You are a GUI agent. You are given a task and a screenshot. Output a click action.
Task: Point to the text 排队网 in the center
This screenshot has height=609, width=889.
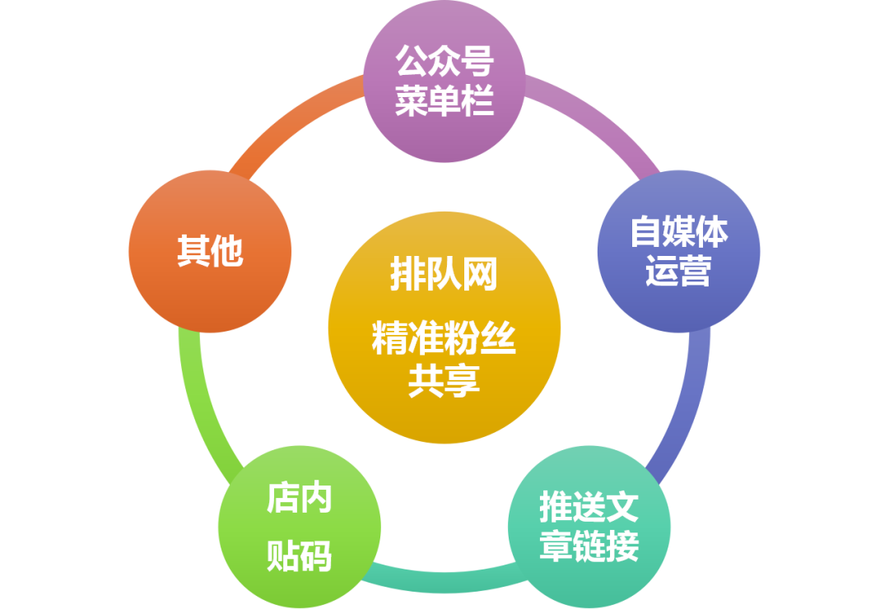pos(444,274)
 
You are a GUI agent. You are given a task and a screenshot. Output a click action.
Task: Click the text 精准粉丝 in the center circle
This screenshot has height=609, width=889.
pos(444,339)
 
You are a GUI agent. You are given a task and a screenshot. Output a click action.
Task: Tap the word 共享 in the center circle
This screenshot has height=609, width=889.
pos(444,382)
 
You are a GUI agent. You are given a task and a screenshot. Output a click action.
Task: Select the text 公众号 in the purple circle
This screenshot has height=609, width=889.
pos(444,62)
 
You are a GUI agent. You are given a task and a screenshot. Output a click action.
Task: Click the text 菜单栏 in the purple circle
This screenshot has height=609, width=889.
pos(444,102)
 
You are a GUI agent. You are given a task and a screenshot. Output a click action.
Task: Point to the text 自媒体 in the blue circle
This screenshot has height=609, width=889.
pos(678,232)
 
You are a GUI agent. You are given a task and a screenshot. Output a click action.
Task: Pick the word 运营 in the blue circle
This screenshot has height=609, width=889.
pos(678,272)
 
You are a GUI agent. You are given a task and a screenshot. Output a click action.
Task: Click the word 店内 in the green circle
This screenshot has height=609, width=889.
pos(300,499)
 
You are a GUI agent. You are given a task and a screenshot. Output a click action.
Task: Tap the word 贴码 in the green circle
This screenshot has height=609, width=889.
pos(300,556)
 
